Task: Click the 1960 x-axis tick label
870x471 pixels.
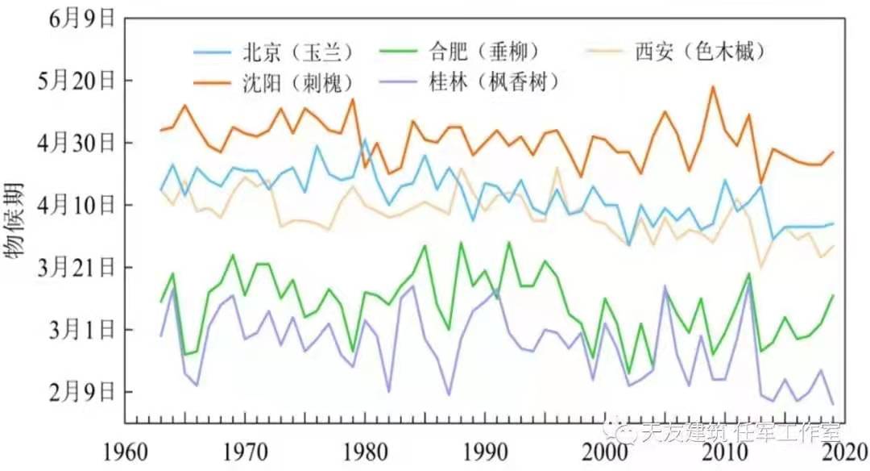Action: [x=126, y=448]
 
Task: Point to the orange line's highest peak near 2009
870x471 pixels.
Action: [x=712, y=86]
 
